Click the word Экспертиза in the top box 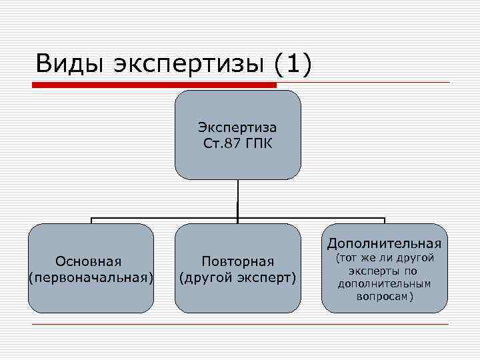tap(237, 127)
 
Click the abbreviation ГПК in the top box tap(261, 143)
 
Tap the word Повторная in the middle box tap(238, 261)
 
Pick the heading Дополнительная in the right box tap(385, 243)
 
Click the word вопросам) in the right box tap(385, 296)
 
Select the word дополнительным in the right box tap(385, 283)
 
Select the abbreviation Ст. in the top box tap(211, 143)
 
